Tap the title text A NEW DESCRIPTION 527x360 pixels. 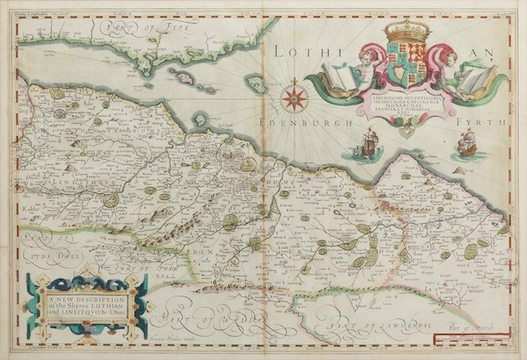coord(85,298)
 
